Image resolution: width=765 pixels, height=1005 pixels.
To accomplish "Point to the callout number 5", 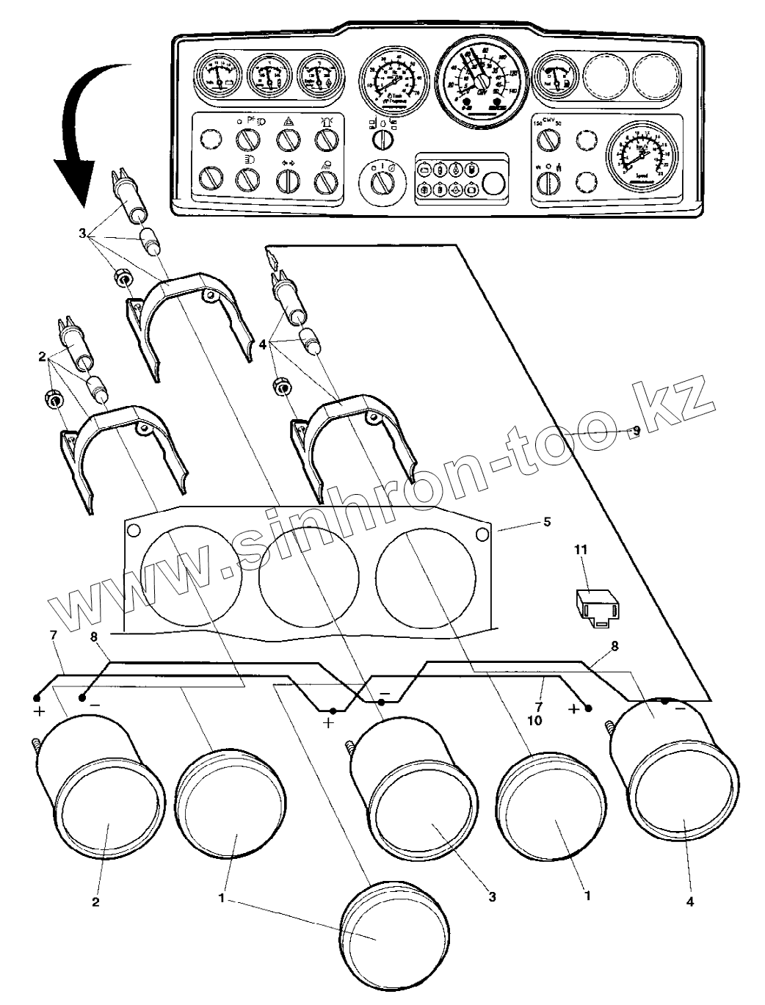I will click(546, 522).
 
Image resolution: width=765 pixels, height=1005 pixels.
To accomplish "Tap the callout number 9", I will click(636, 432).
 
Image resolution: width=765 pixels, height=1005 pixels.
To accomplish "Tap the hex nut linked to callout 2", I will click(53, 399).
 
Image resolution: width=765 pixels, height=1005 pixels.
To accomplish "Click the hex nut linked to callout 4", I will click(280, 387).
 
